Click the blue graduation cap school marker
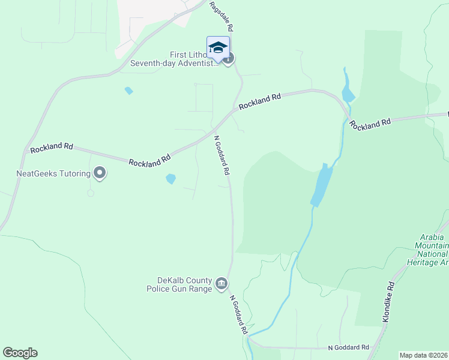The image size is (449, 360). coord(218,47)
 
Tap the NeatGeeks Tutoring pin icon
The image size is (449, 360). coord(100,173)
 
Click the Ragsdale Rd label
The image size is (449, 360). coord(221,16)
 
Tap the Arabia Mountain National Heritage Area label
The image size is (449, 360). coord(432,250)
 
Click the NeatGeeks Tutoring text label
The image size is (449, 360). coord(53,174)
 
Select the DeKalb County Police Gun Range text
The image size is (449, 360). coord(179,284)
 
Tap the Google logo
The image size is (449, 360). coord(20,353)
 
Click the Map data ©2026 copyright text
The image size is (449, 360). coord(424,355)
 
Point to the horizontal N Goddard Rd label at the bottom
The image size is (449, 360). coord(348,347)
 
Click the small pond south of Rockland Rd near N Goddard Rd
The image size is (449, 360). coord(171,179)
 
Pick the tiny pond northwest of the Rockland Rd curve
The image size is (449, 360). coord(128,91)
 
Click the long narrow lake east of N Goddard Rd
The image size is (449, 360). coord(322,186)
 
